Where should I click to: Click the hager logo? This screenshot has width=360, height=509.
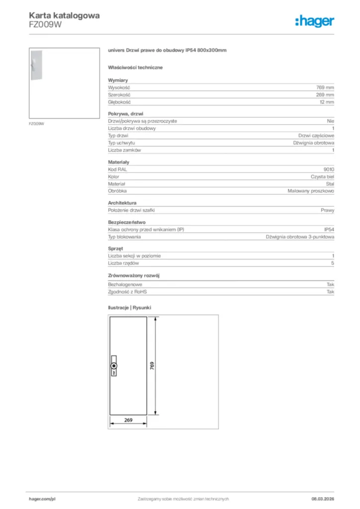(x=315, y=21)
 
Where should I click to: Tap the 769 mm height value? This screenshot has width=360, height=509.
(x=325, y=87)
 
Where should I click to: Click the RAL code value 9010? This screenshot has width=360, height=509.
(x=329, y=169)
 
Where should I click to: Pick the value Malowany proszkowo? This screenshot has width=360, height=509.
(x=311, y=191)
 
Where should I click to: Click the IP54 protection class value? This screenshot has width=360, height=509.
(x=329, y=230)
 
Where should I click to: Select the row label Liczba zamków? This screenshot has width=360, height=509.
(x=125, y=150)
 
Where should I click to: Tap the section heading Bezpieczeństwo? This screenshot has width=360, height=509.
(x=127, y=222)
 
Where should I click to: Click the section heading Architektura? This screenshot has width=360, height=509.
(x=122, y=203)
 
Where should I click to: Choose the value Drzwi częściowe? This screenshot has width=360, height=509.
(x=316, y=135)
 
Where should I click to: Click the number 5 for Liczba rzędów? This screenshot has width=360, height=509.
(x=332, y=263)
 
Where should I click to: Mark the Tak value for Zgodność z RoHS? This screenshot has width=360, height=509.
(x=330, y=292)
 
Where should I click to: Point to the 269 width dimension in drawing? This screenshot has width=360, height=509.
(x=128, y=421)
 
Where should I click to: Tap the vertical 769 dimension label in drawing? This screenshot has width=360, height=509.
(x=152, y=365)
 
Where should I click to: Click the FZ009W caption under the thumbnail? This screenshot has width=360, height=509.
(x=36, y=123)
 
